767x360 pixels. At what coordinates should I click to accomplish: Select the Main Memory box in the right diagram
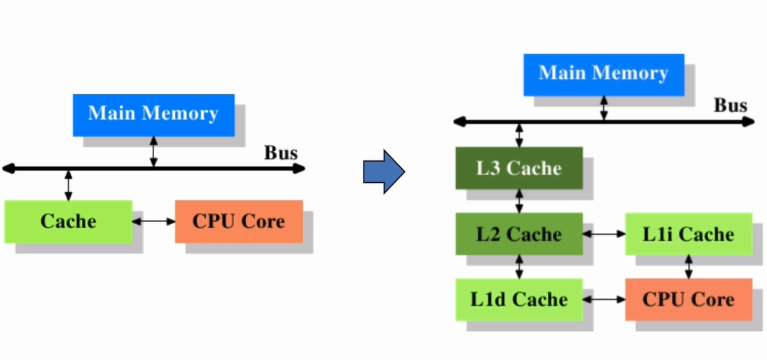coord(603,74)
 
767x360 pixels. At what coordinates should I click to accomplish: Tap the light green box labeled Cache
coord(68,221)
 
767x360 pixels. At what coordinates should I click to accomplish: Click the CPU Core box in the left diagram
coord(239,221)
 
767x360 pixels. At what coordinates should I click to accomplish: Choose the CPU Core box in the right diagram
coord(689,300)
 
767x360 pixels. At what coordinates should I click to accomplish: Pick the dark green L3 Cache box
coord(519,168)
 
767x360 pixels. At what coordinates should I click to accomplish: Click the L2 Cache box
coord(519,234)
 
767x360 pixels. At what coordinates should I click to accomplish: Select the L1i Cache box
coord(689,234)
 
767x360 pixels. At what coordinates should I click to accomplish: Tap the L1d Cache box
coord(519,300)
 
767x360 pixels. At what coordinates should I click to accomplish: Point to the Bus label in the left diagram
coord(281,153)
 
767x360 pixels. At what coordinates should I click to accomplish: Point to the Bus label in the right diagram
coord(731,106)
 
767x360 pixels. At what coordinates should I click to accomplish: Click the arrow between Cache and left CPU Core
coord(153,222)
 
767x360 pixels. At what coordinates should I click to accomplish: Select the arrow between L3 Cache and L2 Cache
coord(519,201)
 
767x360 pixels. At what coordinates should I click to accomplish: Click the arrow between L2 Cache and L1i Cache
coord(604,234)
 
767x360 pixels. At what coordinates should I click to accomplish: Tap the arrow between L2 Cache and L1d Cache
coord(519,267)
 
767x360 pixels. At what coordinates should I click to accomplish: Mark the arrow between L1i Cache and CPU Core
coord(689,267)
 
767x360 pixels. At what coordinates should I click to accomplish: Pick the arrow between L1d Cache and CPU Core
coord(604,300)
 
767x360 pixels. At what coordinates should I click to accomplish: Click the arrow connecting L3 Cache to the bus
coord(519,134)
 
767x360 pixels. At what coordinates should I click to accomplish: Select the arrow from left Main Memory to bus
coord(153,152)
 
